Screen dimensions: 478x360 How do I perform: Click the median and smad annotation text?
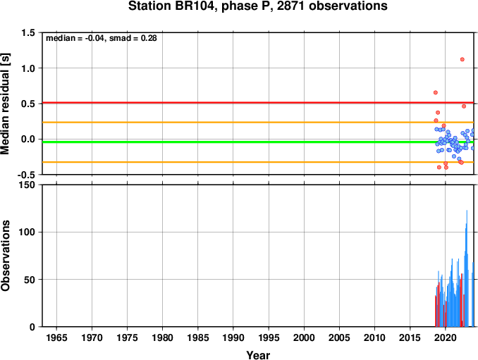pos(102,38)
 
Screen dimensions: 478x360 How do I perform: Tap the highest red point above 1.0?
pos(462,59)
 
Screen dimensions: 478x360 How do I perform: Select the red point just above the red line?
pos(436,92)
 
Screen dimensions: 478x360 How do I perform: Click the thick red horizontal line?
pos(258,103)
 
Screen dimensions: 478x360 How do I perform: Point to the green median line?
pos(258,142)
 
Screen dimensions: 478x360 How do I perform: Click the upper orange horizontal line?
pos(258,123)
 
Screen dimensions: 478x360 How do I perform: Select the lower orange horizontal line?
pos(258,162)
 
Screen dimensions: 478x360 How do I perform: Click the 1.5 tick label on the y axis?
pos(27,32)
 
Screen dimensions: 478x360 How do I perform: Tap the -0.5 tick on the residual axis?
pos(26,175)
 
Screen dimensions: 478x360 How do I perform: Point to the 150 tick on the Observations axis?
pos(27,185)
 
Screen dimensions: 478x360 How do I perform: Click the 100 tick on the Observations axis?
pos(27,232)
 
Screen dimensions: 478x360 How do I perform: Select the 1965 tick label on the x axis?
pos(56,337)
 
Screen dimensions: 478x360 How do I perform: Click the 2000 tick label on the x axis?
pos(304,337)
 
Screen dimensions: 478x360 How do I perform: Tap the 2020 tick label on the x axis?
pos(446,337)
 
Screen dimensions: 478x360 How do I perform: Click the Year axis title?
pos(258,355)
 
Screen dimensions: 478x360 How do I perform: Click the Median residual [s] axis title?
pos(5,104)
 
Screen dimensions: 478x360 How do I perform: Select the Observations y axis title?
pos(5,256)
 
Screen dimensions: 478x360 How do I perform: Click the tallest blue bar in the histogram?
pos(467,268)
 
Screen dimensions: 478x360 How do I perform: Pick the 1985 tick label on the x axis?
pos(198,337)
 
